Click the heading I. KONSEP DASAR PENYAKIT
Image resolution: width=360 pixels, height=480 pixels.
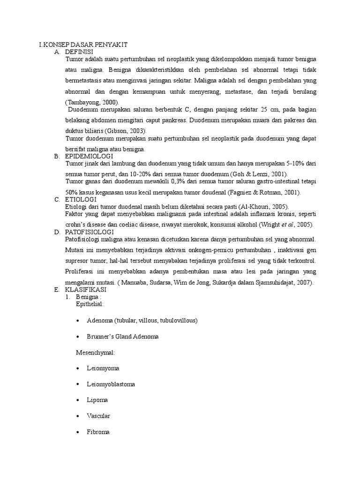pyautogui.click(x=83, y=44)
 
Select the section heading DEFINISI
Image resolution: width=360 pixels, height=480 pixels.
pyautogui.click(x=80, y=51)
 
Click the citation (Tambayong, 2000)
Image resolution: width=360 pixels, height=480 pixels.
pyautogui.click(x=92, y=102)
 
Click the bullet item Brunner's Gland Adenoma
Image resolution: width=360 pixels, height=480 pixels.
pyautogui.click(x=123, y=337)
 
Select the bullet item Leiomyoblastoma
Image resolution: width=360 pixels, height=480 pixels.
pyautogui.click(x=111, y=384)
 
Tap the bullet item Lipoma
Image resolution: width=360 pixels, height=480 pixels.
pyautogui.click(x=97, y=400)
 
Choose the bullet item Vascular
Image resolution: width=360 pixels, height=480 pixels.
pyautogui.click(x=98, y=416)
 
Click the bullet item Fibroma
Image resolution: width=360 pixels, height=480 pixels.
pyautogui.click(x=98, y=432)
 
